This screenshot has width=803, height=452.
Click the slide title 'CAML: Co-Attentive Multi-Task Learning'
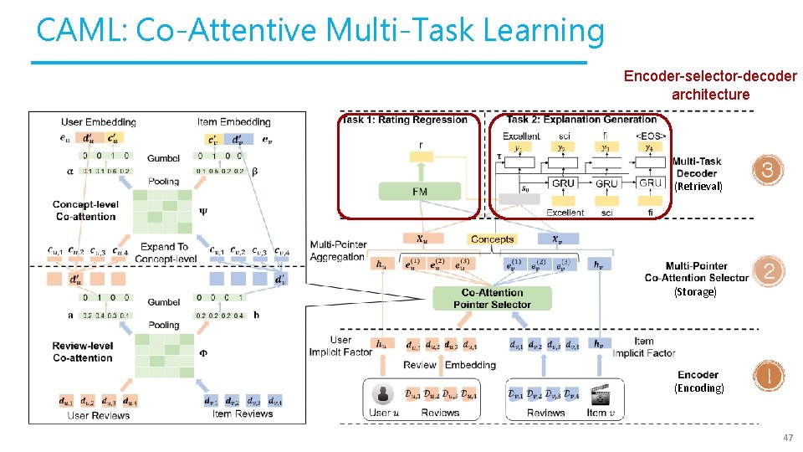tap(320, 31)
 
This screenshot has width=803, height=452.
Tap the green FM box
tap(419, 192)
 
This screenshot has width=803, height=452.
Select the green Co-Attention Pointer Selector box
tap(492, 298)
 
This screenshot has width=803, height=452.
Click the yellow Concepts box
tap(492, 239)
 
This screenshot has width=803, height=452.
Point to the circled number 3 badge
tap(767, 171)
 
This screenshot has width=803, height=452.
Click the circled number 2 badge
tap(767, 271)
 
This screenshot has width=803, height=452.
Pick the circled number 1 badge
tap(767, 376)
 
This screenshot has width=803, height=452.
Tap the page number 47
tap(787, 438)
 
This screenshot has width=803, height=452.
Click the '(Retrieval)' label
tap(698, 187)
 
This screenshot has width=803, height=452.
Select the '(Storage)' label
tap(696, 292)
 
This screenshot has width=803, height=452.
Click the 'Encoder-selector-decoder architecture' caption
tap(710, 85)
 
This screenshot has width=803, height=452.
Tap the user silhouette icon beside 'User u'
tap(383, 394)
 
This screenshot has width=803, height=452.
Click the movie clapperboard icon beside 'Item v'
tap(599, 394)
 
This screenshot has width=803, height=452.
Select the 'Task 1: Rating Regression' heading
tap(405, 120)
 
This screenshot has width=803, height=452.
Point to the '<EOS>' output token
tap(651, 136)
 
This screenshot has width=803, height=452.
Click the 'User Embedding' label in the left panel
tap(99, 122)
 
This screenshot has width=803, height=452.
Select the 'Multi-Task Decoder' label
tap(696, 167)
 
